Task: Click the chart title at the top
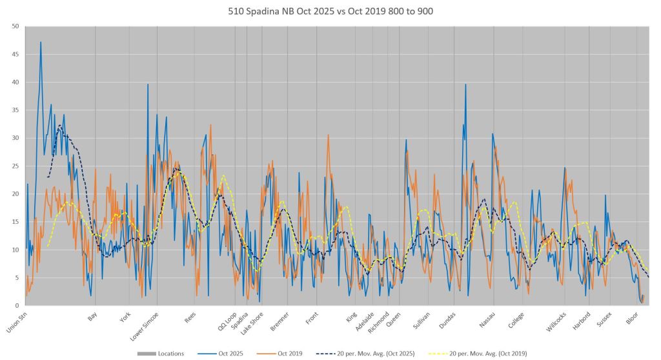pos(330,11)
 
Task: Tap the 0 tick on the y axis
pos(17,305)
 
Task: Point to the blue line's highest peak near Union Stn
pos(41,43)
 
